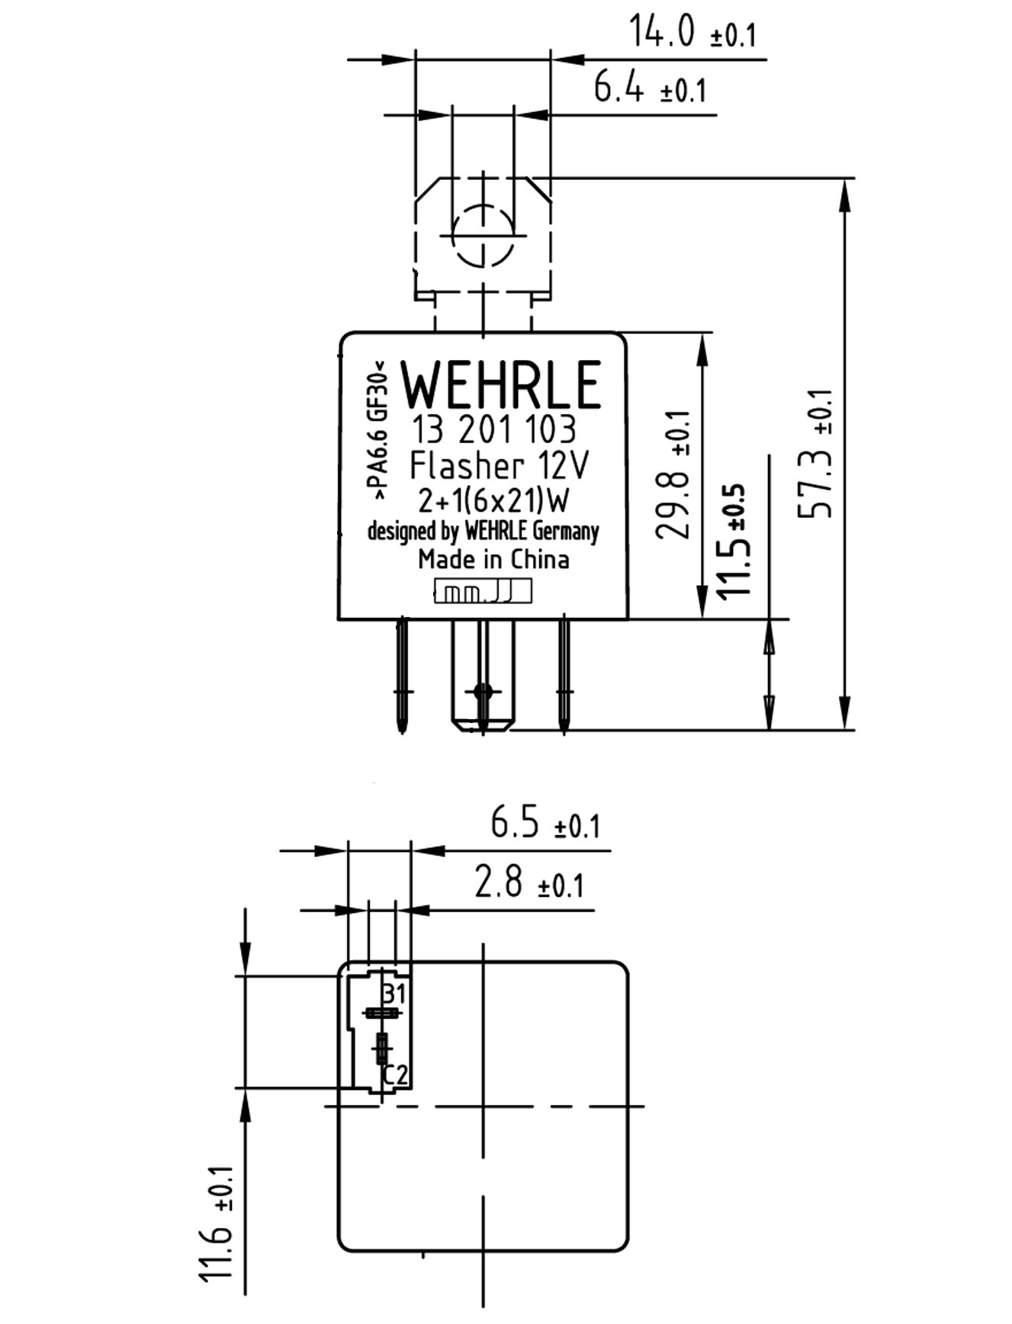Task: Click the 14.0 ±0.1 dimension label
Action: (x=691, y=33)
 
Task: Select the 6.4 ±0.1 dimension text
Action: (x=650, y=89)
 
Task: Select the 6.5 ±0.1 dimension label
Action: (x=545, y=824)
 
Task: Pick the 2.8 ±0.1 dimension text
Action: (x=528, y=882)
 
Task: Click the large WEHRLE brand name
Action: (x=501, y=385)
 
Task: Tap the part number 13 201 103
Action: (x=493, y=431)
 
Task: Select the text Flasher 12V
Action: (x=500, y=466)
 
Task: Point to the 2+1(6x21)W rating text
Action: (x=493, y=501)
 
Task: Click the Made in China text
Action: (x=493, y=559)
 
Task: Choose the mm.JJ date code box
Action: (x=483, y=592)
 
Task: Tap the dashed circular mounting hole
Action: (x=483, y=236)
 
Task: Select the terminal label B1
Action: (x=394, y=994)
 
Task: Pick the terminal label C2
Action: (x=395, y=1075)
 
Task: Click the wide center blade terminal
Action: (x=483, y=675)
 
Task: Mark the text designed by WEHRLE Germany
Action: (x=483, y=531)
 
